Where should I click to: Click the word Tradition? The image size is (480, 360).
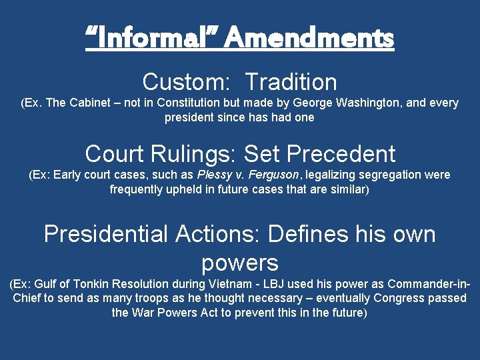click(x=291, y=82)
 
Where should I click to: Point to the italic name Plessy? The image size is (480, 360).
click(x=213, y=175)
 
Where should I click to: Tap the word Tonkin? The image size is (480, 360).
click(x=95, y=285)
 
